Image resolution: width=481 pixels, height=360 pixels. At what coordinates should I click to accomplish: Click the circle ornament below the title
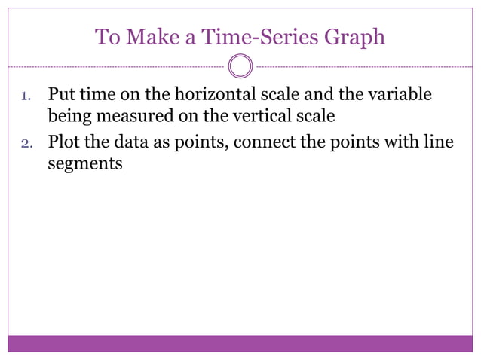point(240,66)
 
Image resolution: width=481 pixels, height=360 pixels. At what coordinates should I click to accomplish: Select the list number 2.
point(24,142)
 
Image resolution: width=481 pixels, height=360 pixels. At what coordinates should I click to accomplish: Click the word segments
point(84,163)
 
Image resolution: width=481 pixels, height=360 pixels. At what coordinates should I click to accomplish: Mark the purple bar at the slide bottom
point(240,343)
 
